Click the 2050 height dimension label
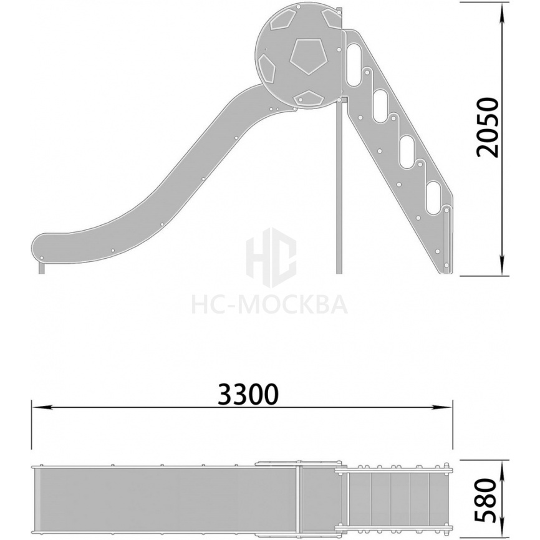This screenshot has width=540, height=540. pyautogui.click(x=488, y=127)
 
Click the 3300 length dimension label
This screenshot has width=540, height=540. pyautogui.click(x=248, y=394)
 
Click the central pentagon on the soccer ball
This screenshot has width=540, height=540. pyautogui.click(x=307, y=55)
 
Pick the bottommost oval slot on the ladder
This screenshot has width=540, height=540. pyautogui.click(x=435, y=197)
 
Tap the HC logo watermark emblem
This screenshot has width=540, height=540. pyautogui.click(x=271, y=258)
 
